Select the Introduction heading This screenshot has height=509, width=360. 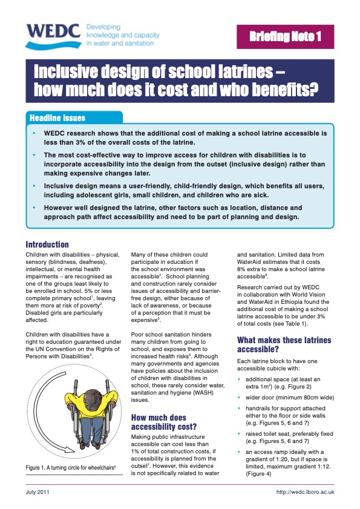[47, 245]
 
